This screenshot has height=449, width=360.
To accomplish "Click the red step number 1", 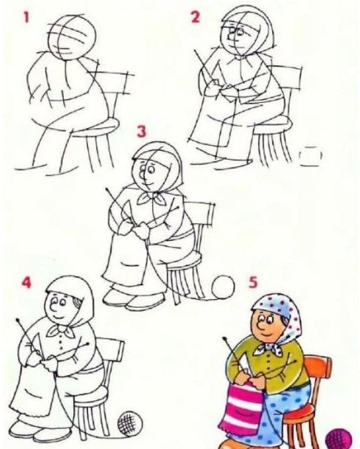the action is [26, 18].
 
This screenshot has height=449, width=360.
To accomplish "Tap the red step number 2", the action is [195, 17].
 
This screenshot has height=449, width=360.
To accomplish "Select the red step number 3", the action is [142, 131].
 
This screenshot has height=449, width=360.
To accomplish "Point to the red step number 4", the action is [26, 283].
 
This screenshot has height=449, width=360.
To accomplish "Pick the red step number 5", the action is [253, 283].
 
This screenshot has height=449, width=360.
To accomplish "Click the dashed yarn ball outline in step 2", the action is [310, 155].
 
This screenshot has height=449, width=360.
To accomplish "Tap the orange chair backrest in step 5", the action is [317, 367].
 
